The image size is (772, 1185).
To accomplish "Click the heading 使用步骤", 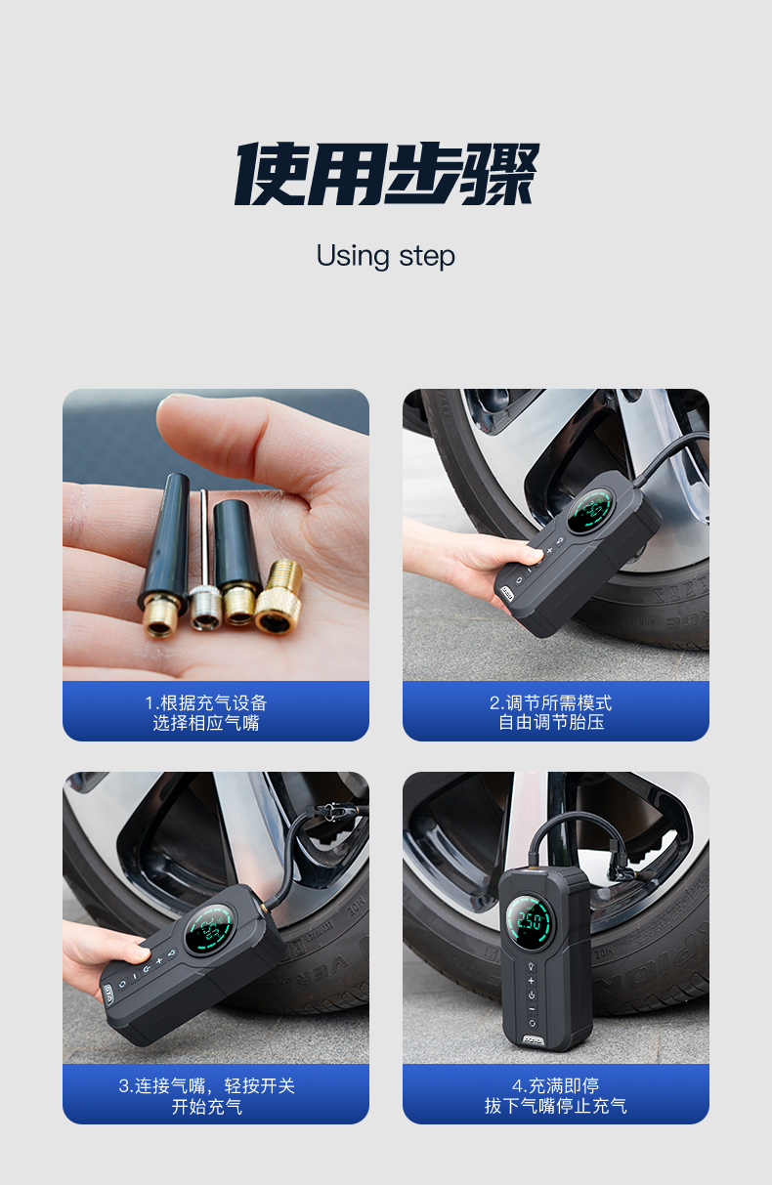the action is coord(386,174).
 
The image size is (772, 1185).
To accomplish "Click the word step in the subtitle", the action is coord(427,257).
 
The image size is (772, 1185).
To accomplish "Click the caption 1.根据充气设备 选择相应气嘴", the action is coord(206,712).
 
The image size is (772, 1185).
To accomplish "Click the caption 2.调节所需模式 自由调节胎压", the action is coord(551,712).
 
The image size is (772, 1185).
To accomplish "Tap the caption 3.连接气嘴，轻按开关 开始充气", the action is coord(206,1095).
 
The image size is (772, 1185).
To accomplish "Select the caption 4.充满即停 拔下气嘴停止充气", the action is coord(556,1095).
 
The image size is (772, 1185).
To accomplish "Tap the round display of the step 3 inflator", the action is coord(209,928).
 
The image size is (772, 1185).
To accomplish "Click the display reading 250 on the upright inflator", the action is coord(530,921).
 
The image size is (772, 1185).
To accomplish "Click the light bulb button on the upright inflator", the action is coord(532,966).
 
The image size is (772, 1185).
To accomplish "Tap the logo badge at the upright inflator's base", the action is coord(533,1039).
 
